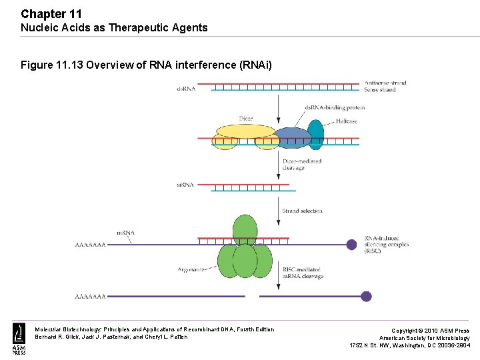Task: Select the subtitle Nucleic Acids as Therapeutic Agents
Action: pos(114,28)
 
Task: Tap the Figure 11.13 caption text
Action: pos(146,65)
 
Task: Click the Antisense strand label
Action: pos(385,83)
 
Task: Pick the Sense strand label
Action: pos(380,90)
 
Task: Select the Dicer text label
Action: pos(246,119)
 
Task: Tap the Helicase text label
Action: pos(346,121)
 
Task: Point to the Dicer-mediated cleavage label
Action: pos(302,165)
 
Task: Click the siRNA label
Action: pos(186,185)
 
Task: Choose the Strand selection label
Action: pos(302,211)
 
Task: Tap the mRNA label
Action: pos(126,233)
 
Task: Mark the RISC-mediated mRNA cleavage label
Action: pos(303,273)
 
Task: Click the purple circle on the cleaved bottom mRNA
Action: pos(365,296)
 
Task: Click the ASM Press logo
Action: pos(19,338)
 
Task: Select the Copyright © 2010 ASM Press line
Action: pos(429,331)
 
